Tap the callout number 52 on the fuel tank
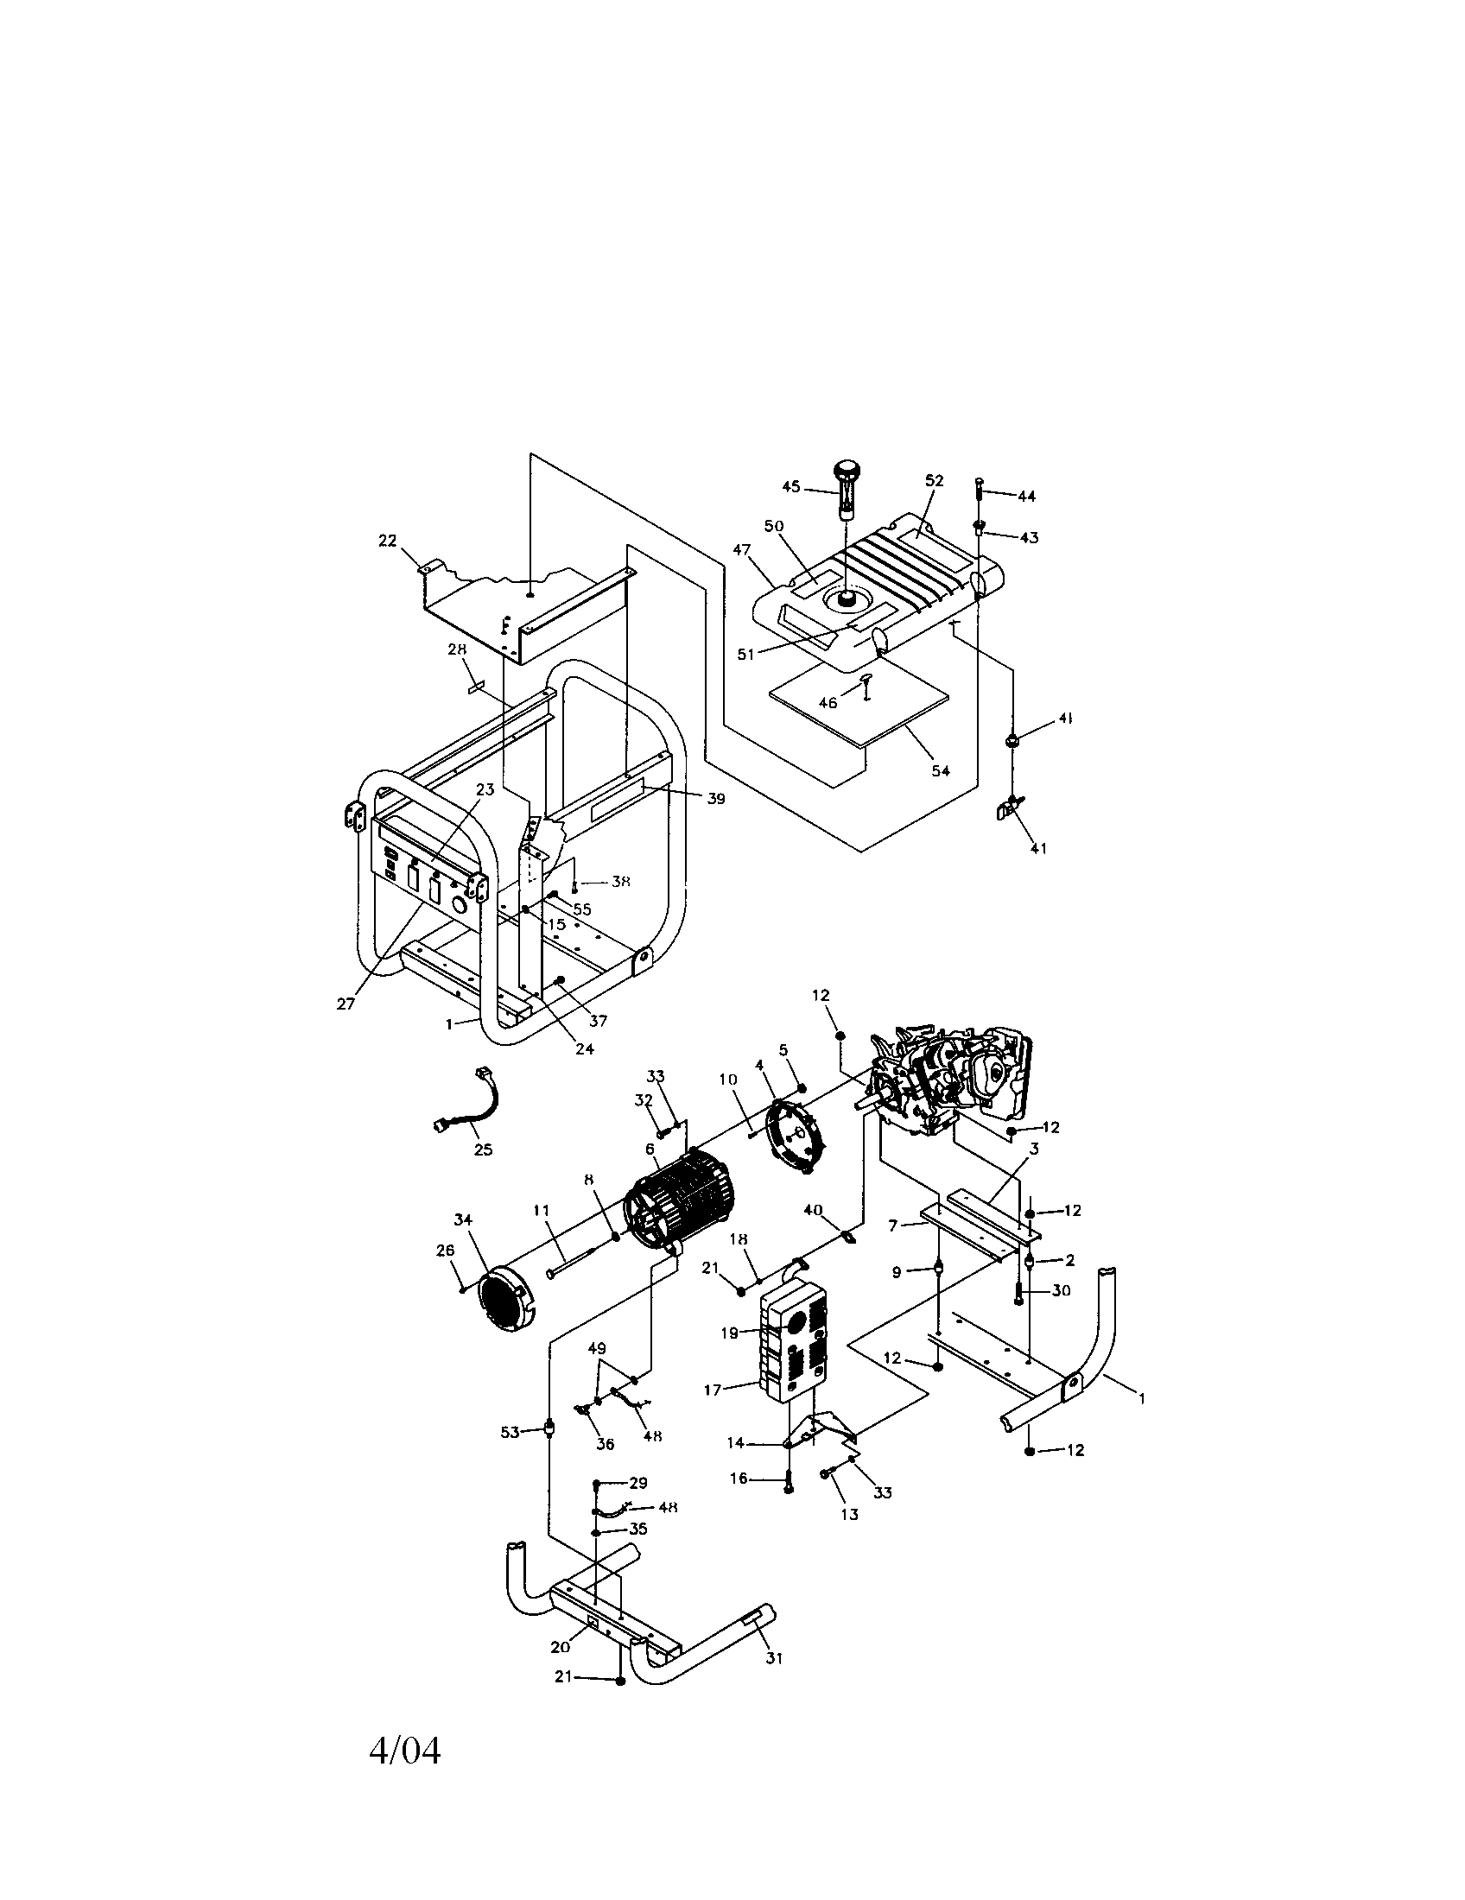coord(934,480)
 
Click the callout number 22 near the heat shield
coord(387,541)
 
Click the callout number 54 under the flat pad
coord(941,769)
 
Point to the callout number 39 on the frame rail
coord(715,799)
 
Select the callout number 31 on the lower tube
coord(773,1658)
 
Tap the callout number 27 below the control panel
coord(346,1003)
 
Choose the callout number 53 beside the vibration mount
coord(510,1431)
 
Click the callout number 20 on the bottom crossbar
coord(560,1646)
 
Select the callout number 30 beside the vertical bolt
coord(1061,1290)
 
